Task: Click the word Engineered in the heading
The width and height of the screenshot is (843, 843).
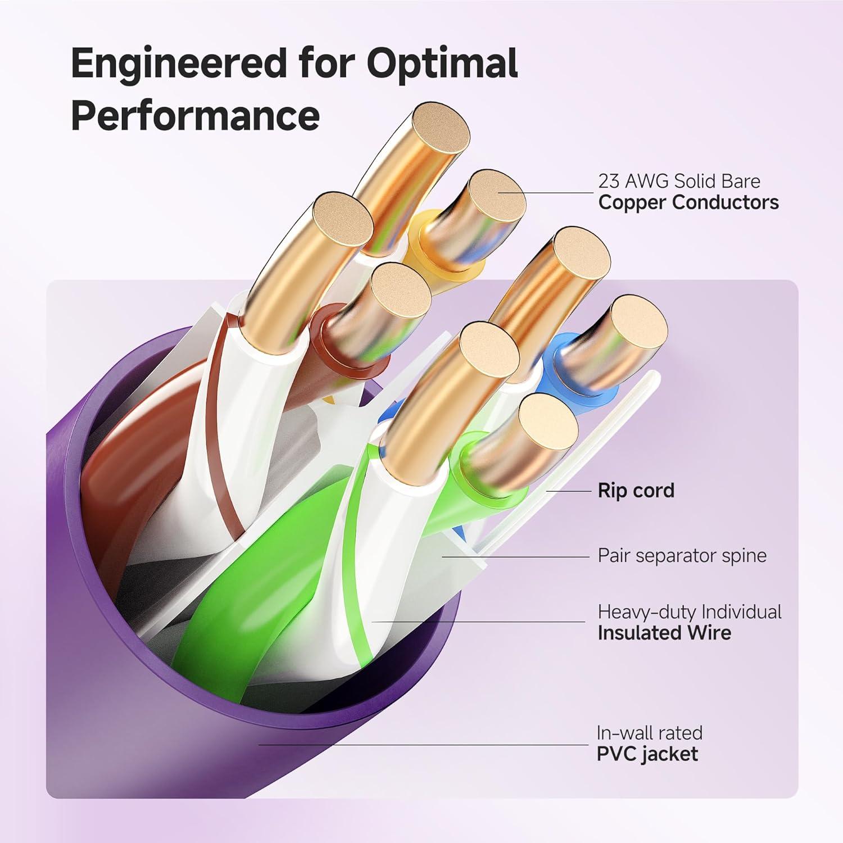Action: [x=179, y=64]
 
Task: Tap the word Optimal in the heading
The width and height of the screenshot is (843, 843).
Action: [x=442, y=64]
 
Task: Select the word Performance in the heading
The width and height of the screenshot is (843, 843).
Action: [x=195, y=115]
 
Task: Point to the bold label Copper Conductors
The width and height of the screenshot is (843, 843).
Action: [x=688, y=202]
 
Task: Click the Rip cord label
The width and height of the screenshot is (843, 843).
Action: [x=636, y=491]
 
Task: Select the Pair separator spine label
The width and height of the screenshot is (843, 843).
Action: [x=682, y=556]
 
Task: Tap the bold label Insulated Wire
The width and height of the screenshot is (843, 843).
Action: [x=664, y=633]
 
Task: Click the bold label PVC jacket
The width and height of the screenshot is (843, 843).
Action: [x=647, y=754]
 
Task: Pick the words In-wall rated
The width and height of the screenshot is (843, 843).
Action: [x=649, y=733]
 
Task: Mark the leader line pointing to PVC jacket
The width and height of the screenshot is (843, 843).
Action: [x=422, y=745]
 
